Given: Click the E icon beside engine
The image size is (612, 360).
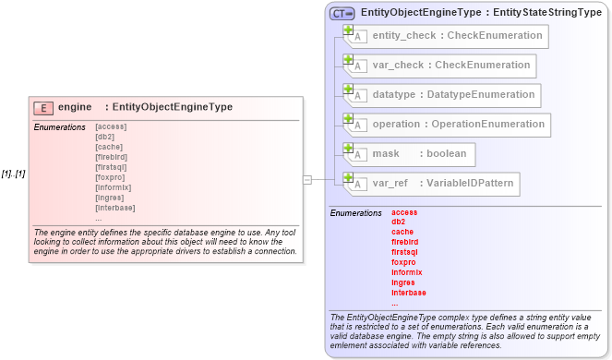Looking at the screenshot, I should pyautogui.click(x=42, y=108).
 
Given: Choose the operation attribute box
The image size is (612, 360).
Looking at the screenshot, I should pyautogui.click(x=447, y=125).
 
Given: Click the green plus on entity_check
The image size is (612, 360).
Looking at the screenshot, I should pyautogui.click(x=348, y=30).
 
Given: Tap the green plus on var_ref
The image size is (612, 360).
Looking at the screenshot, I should pyautogui.click(x=348, y=177).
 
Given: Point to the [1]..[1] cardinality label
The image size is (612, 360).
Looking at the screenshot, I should pyautogui.click(x=13, y=174).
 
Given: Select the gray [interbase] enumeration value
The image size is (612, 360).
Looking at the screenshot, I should pyautogui.click(x=115, y=208).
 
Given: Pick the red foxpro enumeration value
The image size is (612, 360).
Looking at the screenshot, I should pyautogui.click(x=404, y=262).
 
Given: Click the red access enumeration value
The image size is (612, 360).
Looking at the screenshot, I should pyautogui.click(x=404, y=212).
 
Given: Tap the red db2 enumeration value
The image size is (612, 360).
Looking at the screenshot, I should pyautogui.click(x=399, y=222).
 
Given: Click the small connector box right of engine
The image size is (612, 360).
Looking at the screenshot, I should pyautogui.click(x=307, y=180).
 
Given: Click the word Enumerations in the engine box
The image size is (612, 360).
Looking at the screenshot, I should pyautogui.click(x=59, y=126).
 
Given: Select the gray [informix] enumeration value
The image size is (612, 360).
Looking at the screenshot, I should pyautogui.click(x=114, y=187).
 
